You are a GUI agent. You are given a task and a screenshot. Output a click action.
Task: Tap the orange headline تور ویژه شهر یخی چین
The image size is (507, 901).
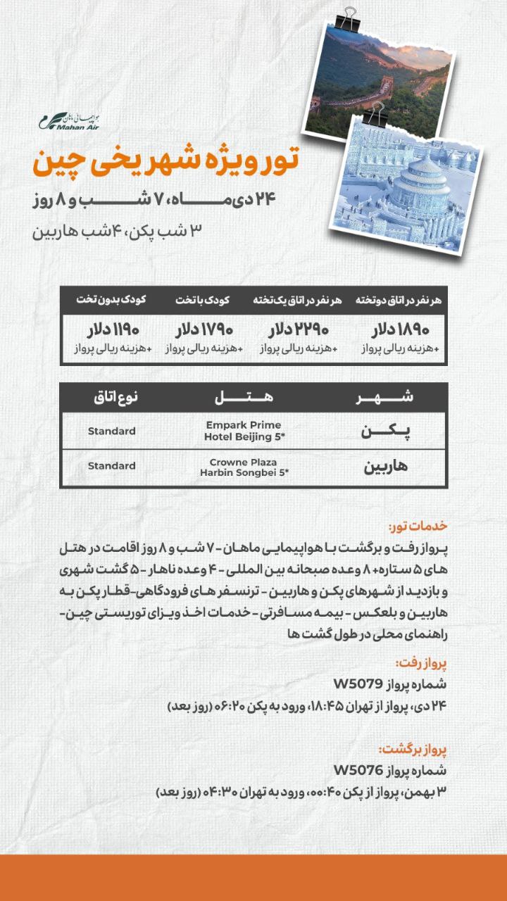(165, 163)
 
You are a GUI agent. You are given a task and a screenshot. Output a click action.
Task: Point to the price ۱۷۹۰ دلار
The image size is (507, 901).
(205, 329)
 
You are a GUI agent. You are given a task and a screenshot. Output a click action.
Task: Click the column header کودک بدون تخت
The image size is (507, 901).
(111, 300)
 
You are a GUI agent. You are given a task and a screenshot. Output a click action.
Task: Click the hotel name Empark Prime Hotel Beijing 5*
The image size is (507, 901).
(244, 431)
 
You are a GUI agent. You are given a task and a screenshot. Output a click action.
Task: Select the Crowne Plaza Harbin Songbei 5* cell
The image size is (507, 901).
(244, 467)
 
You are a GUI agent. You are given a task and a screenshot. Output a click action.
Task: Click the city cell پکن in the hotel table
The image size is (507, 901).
(384, 431)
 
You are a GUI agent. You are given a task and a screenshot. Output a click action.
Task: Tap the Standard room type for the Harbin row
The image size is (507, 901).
(112, 466)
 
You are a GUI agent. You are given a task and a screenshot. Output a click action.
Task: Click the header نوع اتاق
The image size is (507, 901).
(115, 398)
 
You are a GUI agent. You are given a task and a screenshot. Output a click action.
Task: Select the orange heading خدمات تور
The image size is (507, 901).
(418, 527)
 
